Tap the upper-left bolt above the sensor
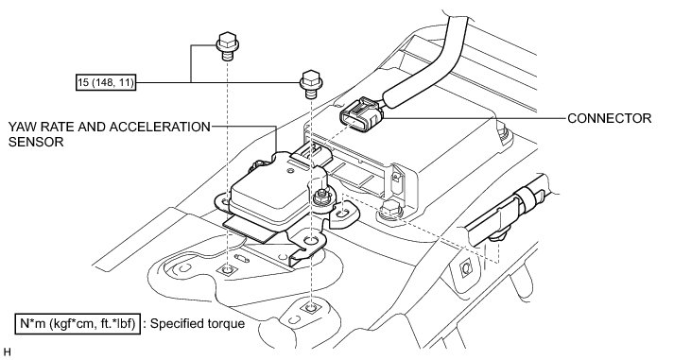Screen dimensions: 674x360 pos(227,45)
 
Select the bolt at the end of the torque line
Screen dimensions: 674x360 pos(311,84)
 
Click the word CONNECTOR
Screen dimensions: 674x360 pos(609,118)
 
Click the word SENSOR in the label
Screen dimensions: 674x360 pos(36,142)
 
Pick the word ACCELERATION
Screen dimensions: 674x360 pos(160,128)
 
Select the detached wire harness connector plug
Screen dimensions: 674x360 pos(361,113)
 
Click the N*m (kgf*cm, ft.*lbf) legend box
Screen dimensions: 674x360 pos(78,323)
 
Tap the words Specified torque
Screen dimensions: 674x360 pos(198,323)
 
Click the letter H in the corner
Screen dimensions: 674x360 pos(6,352)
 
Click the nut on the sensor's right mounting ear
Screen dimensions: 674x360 pos(322,197)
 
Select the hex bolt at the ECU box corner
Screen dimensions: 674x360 pos(389,209)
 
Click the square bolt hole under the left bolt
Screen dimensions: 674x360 pos(227,270)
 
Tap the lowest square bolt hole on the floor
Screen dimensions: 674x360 pos(311,307)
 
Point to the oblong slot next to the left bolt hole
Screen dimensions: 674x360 pos(242,259)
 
